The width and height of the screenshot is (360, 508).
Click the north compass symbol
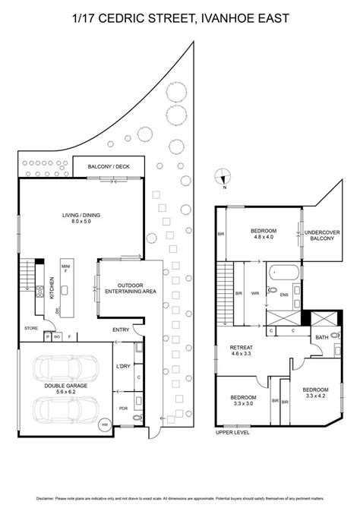pyautogui.click(x=222, y=175)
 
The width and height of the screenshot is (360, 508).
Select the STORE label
pyautogui.click(x=30, y=329)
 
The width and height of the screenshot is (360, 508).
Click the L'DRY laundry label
pyautogui.click(x=122, y=368)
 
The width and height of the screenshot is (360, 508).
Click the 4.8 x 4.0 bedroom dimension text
pyautogui.click(x=264, y=236)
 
